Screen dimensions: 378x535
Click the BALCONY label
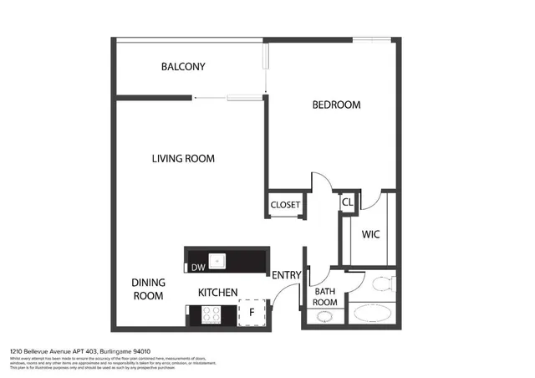tap(183, 67)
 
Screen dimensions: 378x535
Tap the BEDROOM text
tap(336, 105)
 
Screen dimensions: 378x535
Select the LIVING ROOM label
tap(183, 159)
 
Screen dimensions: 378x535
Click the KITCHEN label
tap(217, 293)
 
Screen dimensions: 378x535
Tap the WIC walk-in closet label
tap(370, 235)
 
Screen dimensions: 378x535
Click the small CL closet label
tap(347, 202)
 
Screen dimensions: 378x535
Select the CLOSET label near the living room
tap(285, 205)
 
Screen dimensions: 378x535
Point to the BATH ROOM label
tap(324, 296)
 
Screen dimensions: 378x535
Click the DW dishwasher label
tap(197, 268)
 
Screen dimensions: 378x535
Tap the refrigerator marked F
tap(251, 314)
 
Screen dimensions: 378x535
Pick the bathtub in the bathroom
tap(372, 314)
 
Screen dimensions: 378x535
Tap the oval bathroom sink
tap(324, 317)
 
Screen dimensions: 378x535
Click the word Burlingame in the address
tap(115, 351)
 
